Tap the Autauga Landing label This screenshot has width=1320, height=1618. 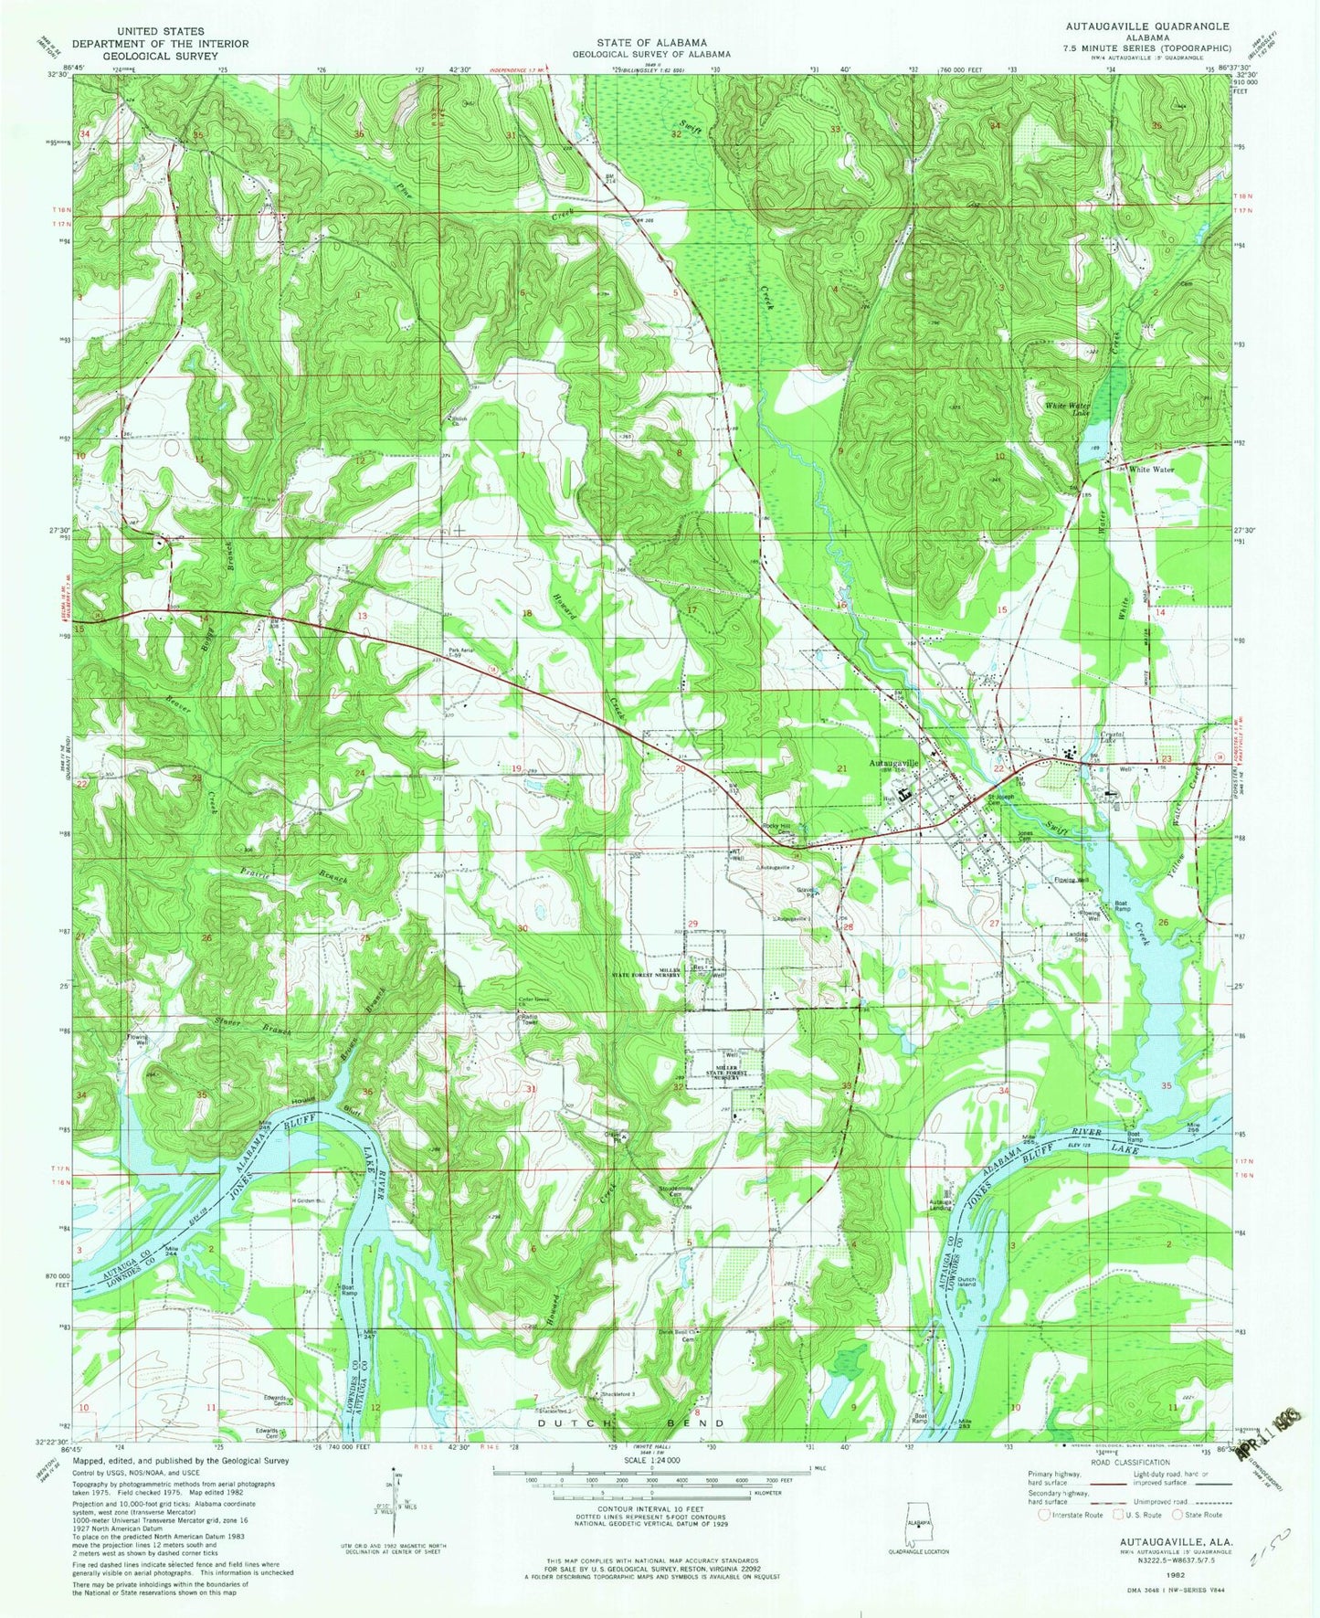click(x=942, y=1205)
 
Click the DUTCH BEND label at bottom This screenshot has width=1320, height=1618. click(x=631, y=1424)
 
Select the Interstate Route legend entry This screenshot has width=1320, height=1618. click(x=1069, y=1515)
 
